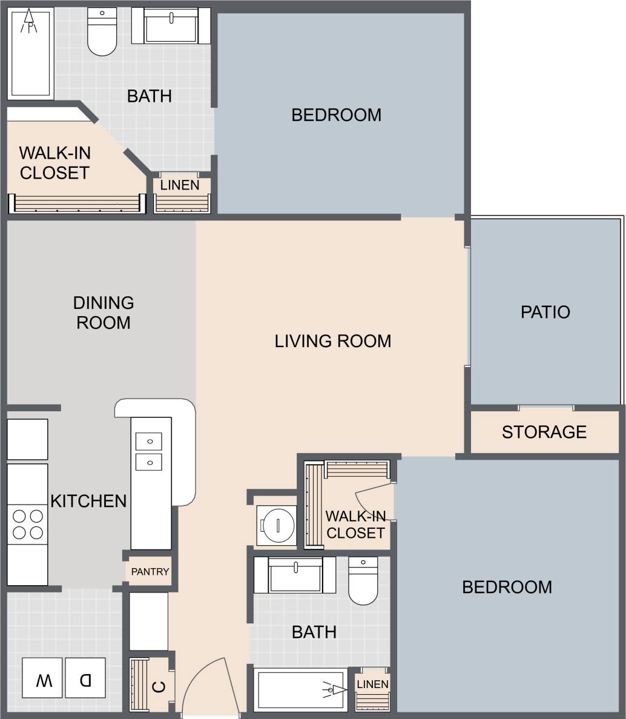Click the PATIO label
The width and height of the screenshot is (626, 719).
(x=545, y=312)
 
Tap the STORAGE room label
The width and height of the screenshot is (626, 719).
(x=544, y=432)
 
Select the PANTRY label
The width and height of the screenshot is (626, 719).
(x=150, y=571)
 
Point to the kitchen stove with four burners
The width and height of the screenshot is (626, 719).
(x=28, y=525)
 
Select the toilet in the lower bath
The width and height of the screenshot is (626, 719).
(x=363, y=581)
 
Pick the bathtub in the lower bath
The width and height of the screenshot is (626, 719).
(x=300, y=689)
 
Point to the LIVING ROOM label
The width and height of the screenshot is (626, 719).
(x=333, y=341)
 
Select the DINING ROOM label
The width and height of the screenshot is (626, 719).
(x=103, y=313)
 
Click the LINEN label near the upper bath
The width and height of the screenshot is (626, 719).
(x=180, y=185)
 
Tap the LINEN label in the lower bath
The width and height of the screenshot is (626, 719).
(x=372, y=684)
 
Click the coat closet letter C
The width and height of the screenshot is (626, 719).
(x=159, y=687)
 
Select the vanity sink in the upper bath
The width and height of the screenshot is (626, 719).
(x=171, y=25)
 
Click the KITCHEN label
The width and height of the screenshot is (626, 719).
(x=88, y=501)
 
